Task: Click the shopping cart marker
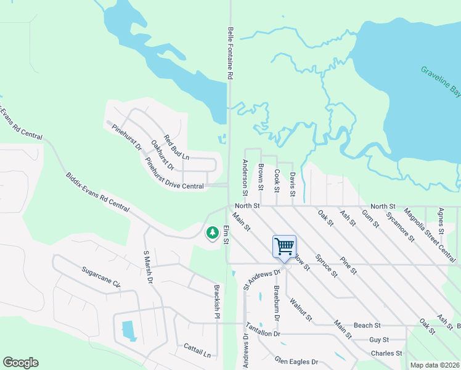[284, 247]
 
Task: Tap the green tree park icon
[212, 232]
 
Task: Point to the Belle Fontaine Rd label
[230, 52]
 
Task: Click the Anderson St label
[245, 175]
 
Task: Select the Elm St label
[226, 235]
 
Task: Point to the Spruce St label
[326, 265]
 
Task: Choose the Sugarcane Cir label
[100, 277]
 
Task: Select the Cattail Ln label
[197, 351]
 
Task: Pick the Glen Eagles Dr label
[296, 361]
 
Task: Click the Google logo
[20, 363]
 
